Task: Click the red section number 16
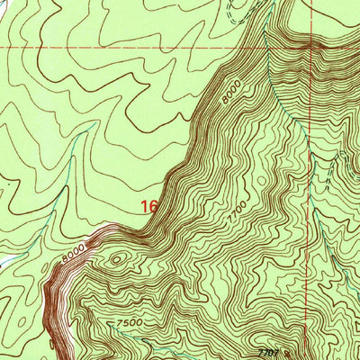point(149,206)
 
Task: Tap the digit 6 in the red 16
point(154,206)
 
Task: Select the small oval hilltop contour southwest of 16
point(117,261)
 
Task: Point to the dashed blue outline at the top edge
point(236,11)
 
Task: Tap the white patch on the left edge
point(4,261)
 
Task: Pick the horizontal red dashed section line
point(135,45)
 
